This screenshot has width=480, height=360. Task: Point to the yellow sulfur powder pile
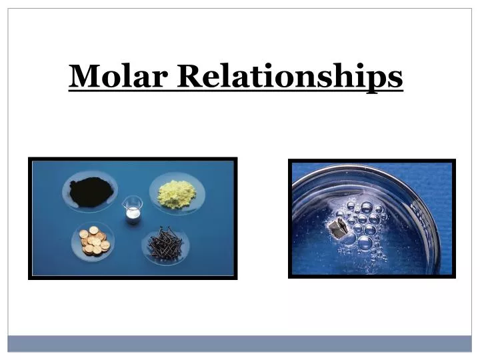[x=177, y=192]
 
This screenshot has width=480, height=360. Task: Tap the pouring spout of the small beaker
[x=125, y=201]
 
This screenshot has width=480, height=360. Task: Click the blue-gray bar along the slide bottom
[x=240, y=343]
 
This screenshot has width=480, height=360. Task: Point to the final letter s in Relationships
[x=396, y=78]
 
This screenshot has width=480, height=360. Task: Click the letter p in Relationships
[x=379, y=81]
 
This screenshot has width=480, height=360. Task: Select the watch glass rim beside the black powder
[x=65, y=192]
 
